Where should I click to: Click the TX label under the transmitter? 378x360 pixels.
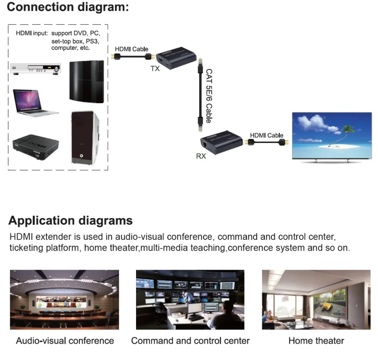tap(155, 68)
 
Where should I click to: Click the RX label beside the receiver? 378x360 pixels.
tap(201, 156)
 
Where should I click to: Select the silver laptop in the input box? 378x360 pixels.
tap(35, 102)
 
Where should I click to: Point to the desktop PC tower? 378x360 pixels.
tap(85, 138)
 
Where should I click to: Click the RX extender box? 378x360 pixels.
tap(221, 143)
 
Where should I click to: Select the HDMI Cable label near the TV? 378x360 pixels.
tap(266, 135)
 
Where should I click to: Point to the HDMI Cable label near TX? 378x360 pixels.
tap(132, 49)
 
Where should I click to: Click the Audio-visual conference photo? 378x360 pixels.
tap(64, 299)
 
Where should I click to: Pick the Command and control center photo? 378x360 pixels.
tap(190, 299)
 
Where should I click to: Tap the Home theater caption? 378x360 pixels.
tap(316, 341)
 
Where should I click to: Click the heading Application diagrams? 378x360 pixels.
tap(70, 220)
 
